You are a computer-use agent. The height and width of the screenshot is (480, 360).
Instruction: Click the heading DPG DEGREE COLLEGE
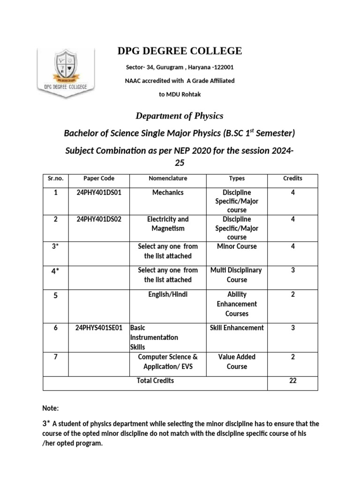(x=180, y=51)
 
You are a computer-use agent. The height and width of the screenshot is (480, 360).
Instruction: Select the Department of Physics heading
(x=180, y=116)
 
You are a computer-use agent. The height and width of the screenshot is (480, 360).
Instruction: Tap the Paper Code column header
(x=99, y=179)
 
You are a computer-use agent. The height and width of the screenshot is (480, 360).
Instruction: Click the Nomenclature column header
(x=168, y=179)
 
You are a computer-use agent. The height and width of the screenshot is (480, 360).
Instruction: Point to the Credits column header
(x=292, y=179)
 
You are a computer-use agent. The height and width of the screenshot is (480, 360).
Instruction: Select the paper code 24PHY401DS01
(x=99, y=193)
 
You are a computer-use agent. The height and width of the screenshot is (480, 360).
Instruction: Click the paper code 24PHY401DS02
(x=99, y=219)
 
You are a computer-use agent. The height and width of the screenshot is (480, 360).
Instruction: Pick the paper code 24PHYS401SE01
(x=99, y=328)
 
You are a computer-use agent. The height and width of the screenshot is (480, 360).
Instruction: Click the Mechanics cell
(x=168, y=193)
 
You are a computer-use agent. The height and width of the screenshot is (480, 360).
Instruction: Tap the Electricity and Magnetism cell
(x=168, y=224)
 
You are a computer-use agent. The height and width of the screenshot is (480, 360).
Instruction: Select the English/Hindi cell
(x=168, y=294)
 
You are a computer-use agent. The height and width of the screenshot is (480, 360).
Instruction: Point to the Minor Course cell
(x=237, y=247)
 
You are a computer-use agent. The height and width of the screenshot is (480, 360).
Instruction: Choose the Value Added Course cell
(x=237, y=362)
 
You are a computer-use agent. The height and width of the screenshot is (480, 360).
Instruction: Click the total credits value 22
(x=292, y=381)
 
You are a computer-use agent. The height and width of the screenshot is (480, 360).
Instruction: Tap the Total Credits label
(x=155, y=381)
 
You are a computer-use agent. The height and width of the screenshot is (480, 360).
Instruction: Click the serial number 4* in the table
(x=55, y=271)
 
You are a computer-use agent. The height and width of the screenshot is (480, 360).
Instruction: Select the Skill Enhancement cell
(x=237, y=328)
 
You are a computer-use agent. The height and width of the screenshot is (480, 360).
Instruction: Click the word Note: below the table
(x=51, y=408)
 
